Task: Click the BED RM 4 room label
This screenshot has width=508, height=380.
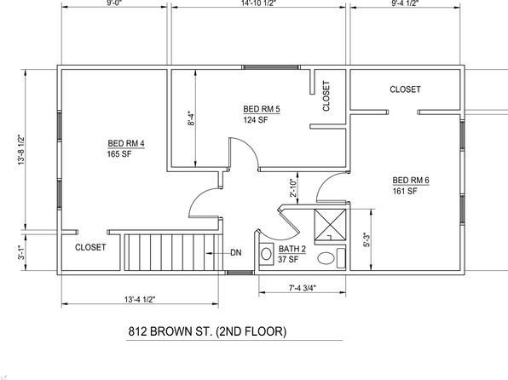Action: click(126, 143)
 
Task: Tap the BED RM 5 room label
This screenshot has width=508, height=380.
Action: click(262, 109)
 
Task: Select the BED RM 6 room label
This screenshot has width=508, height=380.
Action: click(411, 180)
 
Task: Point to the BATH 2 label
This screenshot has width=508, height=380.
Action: click(292, 249)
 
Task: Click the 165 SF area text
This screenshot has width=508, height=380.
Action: click(119, 154)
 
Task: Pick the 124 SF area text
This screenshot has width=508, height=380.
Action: click(256, 120)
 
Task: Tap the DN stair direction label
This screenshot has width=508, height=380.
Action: click(236, 253)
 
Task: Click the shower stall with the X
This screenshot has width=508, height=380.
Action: click(330, 226)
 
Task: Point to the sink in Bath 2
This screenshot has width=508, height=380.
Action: click(266, 254)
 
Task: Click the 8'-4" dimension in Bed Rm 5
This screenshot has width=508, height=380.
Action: click(191, 118)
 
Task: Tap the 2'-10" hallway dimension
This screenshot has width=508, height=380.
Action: click(293, 188)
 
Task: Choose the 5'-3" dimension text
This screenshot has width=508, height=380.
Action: click(367, 239)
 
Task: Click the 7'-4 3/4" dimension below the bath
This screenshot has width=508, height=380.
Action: click(303, 288)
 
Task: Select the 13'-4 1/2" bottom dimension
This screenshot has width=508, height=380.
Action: click(140, 299)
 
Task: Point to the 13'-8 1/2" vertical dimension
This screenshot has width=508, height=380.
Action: click(21, 150)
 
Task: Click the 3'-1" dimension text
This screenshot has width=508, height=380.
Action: click(21, 253)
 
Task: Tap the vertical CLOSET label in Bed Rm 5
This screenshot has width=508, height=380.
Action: click(326, 96)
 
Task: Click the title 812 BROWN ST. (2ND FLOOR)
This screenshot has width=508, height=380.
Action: click(208, 331)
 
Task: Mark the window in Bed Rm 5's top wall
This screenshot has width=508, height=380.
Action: click(270, 67)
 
